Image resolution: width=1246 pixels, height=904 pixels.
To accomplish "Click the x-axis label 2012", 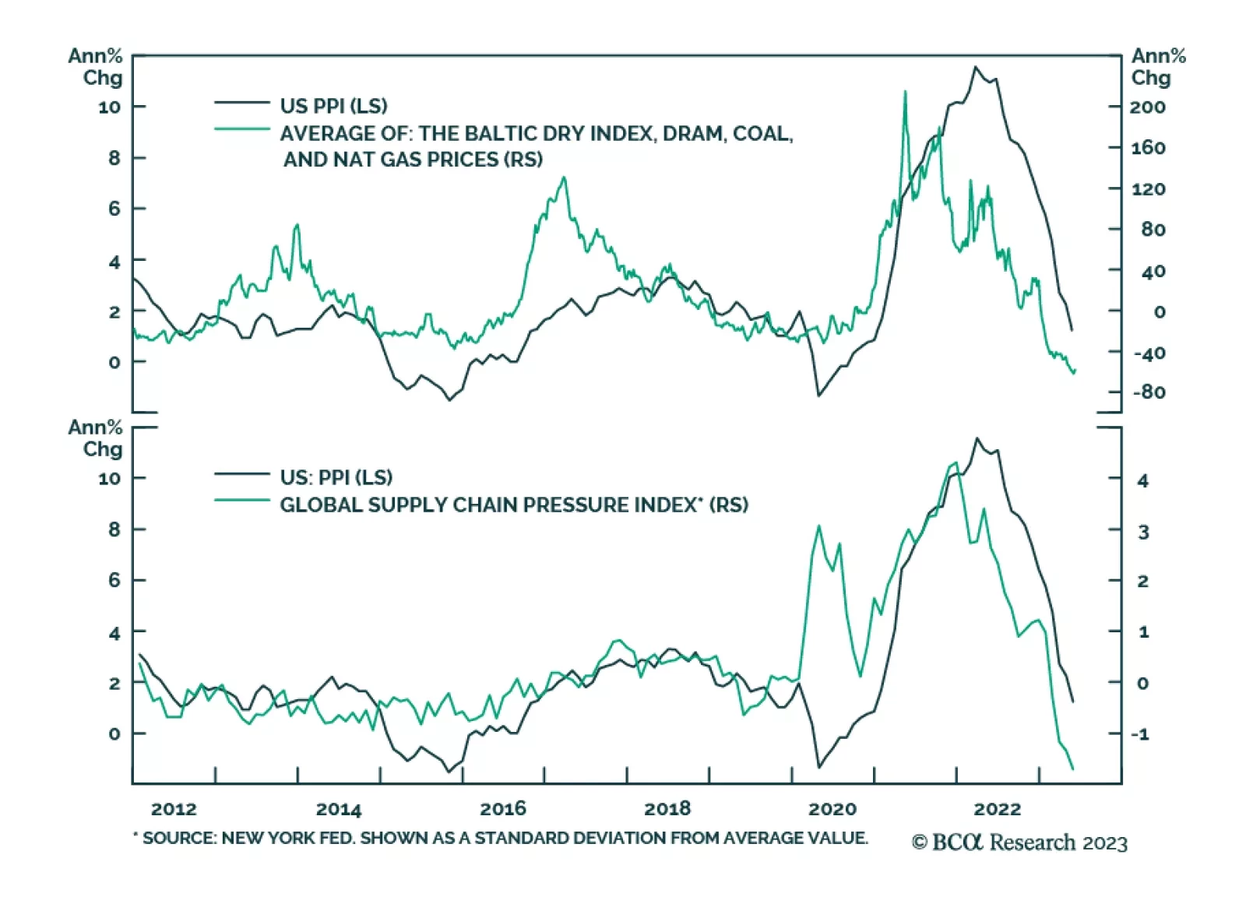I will tap(174, 809).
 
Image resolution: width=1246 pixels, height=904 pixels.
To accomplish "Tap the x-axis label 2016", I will tap(503, 809).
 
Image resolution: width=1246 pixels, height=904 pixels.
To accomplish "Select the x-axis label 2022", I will tap(998, 809).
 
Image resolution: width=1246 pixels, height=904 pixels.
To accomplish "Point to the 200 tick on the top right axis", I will tap(1147, 107).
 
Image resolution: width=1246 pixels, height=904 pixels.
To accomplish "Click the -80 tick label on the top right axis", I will tap(1149, 392).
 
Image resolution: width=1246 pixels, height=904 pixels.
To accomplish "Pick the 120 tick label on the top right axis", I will tap(1148, 189).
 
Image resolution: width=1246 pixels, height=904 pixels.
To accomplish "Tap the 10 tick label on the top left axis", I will tap(110, 107).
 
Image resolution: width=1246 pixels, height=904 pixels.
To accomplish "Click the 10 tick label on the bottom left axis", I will tap(110, 479).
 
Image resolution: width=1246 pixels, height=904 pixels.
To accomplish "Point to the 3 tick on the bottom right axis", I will tap(1143, 533).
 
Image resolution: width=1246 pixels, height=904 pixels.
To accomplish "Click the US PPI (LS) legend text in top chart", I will tap(333, 106).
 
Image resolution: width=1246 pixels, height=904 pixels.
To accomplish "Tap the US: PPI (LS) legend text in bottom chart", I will tap(336, 477).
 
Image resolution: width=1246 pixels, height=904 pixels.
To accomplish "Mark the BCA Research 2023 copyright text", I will tap(1020, 842).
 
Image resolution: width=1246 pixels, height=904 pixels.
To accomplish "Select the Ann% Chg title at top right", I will tap(1157, 67).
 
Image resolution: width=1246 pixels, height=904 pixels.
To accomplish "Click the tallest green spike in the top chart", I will tap(905, 92).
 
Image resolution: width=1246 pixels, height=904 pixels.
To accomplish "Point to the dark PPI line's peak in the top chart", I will tap(975, 67).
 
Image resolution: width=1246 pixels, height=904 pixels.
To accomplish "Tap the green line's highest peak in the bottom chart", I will tap(956, 463).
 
